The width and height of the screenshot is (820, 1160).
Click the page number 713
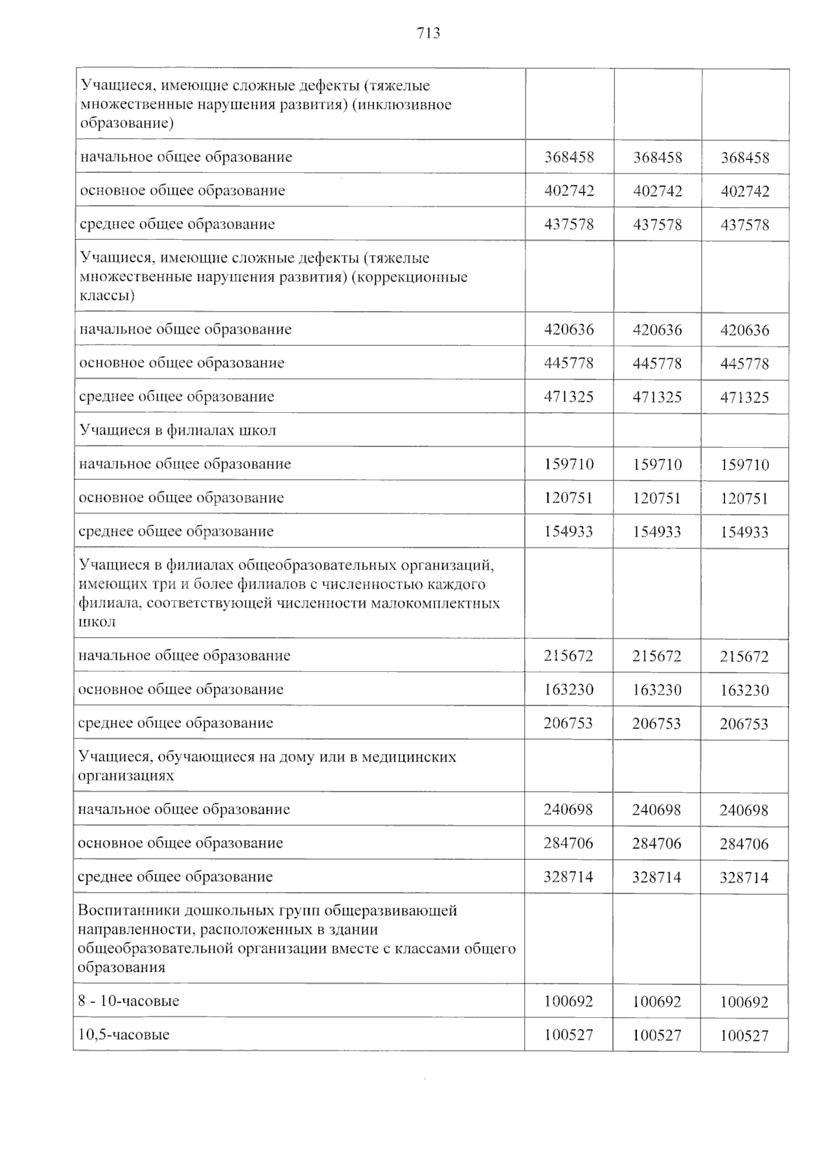(428, 33)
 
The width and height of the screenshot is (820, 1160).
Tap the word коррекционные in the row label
(422, 278)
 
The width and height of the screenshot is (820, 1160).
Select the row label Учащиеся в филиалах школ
(178, 430)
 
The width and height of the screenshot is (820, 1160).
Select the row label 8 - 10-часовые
(128, 1001)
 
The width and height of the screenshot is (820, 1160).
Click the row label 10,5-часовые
(124, 1034)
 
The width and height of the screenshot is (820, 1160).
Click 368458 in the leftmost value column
(569, 157)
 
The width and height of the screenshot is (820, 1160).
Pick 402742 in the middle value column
(657, 191)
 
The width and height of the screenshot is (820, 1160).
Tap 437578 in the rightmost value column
(745, 225)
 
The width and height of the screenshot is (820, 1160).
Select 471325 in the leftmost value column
(569, 396)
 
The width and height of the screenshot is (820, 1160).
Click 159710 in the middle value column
(657, 464)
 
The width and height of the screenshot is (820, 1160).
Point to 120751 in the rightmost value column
(745, 498)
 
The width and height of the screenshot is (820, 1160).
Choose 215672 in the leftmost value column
(569, 656)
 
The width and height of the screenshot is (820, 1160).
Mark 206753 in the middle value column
(657, 723)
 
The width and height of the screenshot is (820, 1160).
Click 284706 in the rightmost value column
(744, 844)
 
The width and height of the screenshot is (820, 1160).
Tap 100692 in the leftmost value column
(569, 1001)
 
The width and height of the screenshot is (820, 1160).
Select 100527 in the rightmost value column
(744, 1036)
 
